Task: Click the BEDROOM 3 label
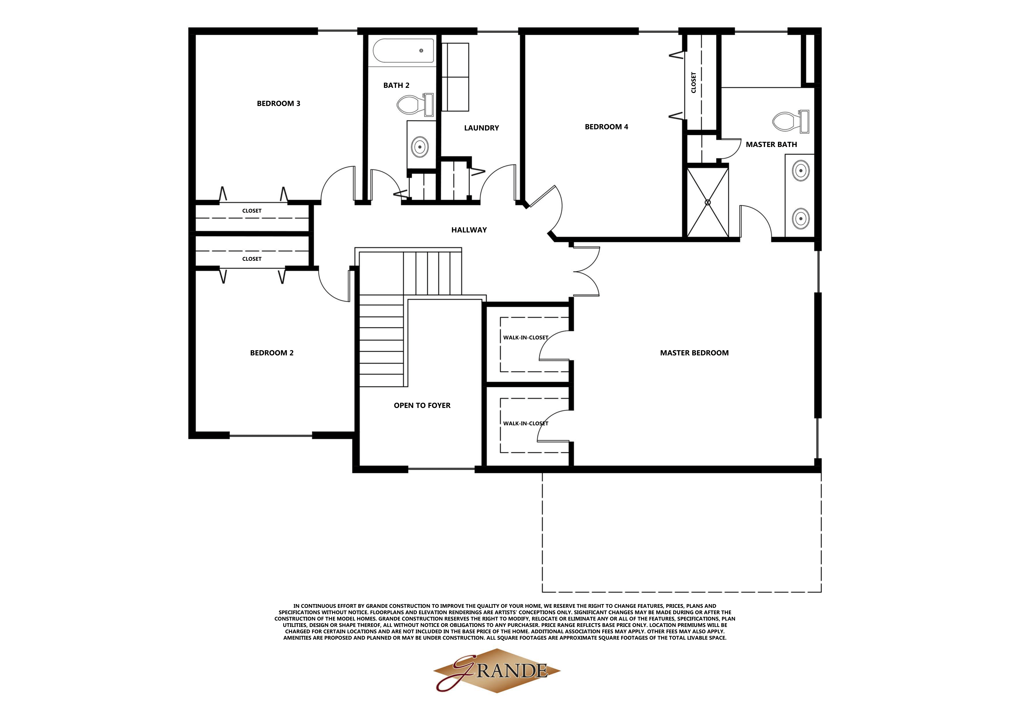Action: click(279, 103)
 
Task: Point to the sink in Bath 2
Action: click(420, 146)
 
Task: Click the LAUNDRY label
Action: click(481, 128)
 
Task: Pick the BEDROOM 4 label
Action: click(606, 127)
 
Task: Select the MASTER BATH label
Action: click(771, 144)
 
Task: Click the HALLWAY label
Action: click(469, 229)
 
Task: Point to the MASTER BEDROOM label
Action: click(694, 353)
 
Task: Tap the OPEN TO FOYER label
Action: click(422, 405)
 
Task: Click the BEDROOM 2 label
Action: click(271, 353)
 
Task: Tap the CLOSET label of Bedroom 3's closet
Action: click(252, 211)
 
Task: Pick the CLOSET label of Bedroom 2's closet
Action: click(252, 259)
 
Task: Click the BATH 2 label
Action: click(396, 85)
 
